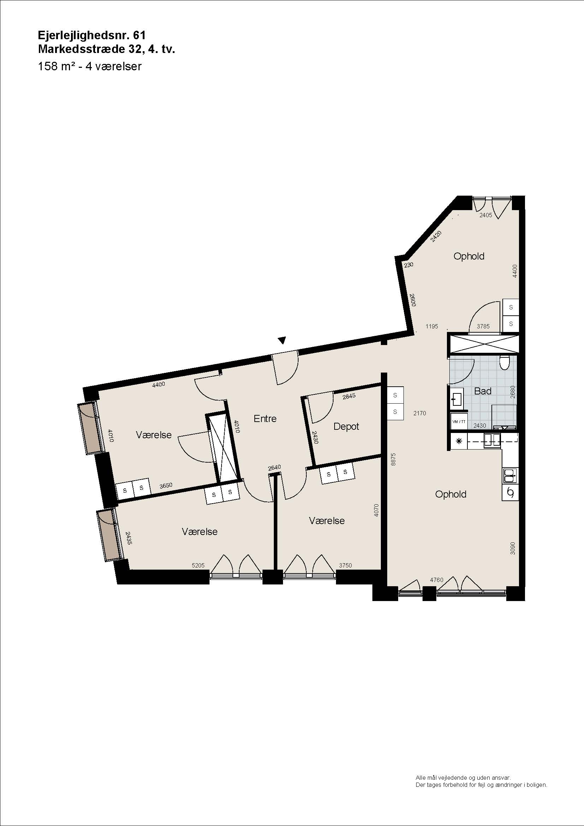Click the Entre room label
pyautogui.click(x=265, y=418)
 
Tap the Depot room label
pyautogui.click(x=346, y=427)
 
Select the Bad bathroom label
pyautogui.click(x=483, y=391)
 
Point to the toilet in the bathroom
pyautogui.click(x=505, y=363)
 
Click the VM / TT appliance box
pyautogui.click(x=459, y=422)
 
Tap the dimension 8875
pyautogui.click(x=393, y=459)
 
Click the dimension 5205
pyautogui.click(x=198, y=565)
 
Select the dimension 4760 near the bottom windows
pyautogui.click(x=436, y=580)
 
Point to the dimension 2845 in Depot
pyautogui.click(x=349, y=396)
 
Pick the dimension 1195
pyautogui.click(x=432, y=326)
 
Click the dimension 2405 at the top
pyautogui.click(x=486, y=215)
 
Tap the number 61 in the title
pyautogui.click(x=139, y=35)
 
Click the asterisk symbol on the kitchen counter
pyautogui.click(x=459, y=441)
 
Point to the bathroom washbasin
pyautogui.click(x=457, y=399)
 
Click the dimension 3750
pyautogui.click(x=345, y=565)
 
